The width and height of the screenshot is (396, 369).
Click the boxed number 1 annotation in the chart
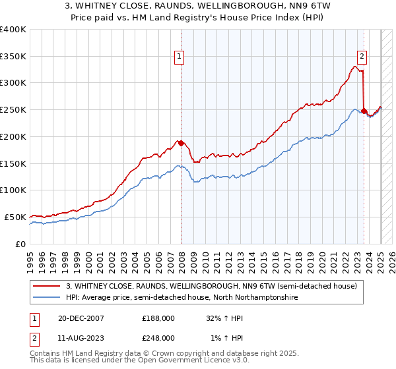(179, 57)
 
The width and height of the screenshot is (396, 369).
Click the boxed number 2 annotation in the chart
(362, 57)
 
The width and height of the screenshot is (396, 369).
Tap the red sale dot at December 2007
(181, 143)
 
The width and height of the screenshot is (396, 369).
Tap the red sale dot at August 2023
(364, 111)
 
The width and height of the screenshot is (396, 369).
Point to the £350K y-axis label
(13, 57)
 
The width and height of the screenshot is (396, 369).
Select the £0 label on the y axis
(21, 244)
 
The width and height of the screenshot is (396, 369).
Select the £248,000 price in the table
(158, 337)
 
